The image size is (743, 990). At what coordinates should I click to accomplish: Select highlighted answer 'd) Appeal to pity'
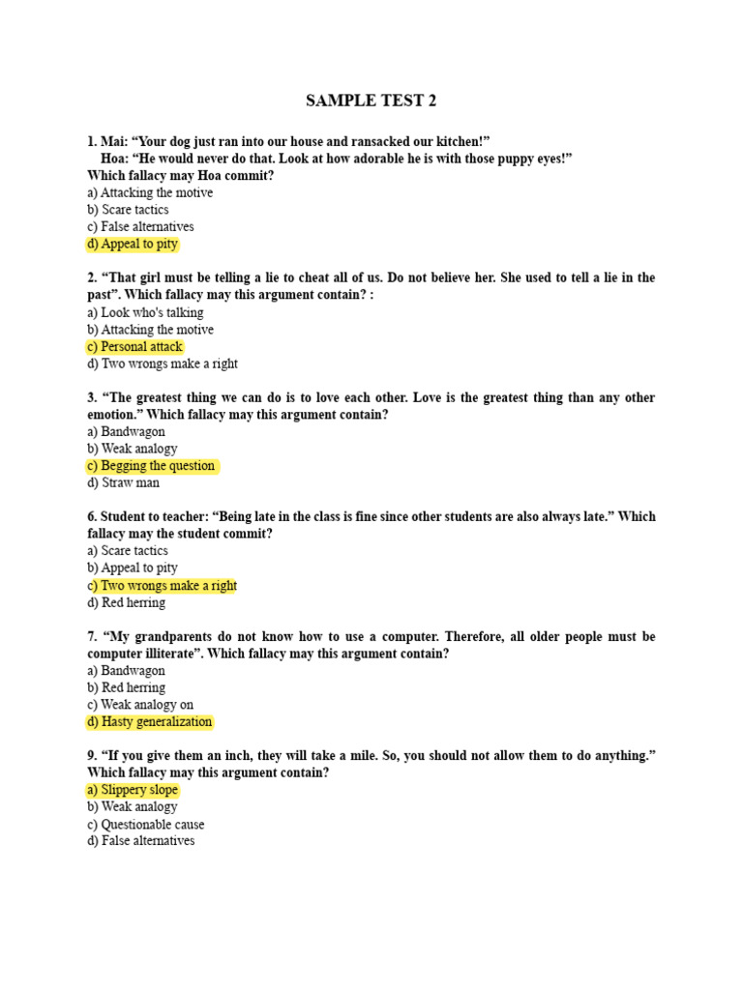click(133, 245)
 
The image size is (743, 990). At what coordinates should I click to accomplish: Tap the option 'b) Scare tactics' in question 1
click(128, 210)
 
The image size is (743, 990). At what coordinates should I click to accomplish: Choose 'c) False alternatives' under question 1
click(140, 227)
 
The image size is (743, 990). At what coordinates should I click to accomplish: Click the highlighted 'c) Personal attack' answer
click(134, 347)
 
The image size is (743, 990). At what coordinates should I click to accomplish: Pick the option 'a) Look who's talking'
click(145, 313)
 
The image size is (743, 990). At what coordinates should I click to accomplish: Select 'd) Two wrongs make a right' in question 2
click(163, 364)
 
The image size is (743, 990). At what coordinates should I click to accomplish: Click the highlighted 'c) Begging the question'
click(151, 466)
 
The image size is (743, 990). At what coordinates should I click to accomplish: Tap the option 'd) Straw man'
click(124, 483)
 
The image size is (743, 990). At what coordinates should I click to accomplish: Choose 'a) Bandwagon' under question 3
click(126, 432)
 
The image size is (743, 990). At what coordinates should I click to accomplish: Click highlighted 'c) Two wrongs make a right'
click(162, 586)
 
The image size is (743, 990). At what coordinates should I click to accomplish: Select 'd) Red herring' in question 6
click(126, 603)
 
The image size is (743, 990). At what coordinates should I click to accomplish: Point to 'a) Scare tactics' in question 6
click(128, 551)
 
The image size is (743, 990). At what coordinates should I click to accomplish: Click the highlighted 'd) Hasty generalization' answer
click(149, 722)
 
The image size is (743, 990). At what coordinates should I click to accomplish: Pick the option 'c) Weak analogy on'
click(140, 705)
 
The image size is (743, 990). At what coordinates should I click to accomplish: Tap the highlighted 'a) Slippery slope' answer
click(133, 790)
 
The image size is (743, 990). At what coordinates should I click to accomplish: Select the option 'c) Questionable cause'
click(145, 825)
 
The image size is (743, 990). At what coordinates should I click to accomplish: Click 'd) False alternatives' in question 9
click(141, 841)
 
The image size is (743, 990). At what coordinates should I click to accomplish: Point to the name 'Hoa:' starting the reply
click(115, 159)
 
